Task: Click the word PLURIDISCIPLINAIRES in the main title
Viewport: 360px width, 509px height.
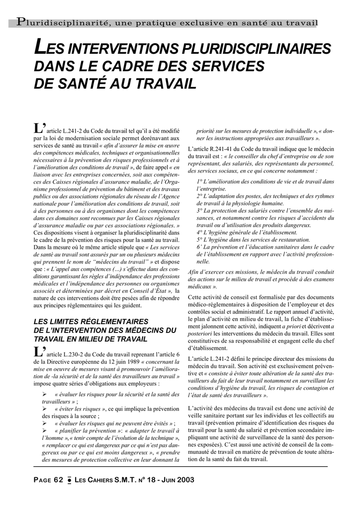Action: [257, 50]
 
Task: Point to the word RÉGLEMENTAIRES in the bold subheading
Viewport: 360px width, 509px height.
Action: [110, 322]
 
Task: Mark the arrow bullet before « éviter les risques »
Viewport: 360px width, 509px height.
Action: [45, 409]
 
